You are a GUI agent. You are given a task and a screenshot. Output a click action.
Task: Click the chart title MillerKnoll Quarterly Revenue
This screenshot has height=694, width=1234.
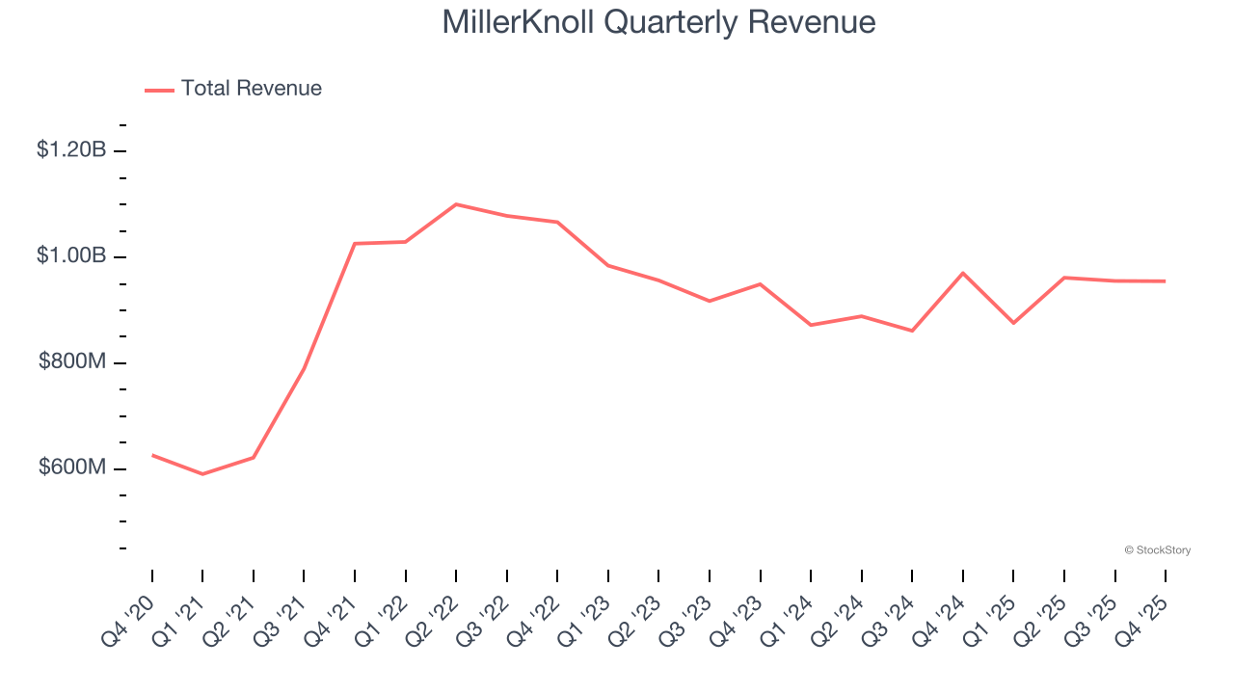(658, 22)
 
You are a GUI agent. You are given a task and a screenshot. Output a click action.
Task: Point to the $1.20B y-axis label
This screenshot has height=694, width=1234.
(71, 150)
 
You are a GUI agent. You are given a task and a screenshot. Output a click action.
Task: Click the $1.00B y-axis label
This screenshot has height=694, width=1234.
(71, 256)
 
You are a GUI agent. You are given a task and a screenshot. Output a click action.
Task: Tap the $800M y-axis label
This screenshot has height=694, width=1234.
(72, 362)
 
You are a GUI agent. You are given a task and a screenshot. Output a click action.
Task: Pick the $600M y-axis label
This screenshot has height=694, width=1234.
(72, 468)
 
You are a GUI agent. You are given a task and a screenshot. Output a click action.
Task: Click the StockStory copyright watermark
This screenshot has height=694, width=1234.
(1157, 550)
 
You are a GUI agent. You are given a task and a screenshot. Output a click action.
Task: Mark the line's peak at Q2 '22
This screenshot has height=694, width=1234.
(456, 204)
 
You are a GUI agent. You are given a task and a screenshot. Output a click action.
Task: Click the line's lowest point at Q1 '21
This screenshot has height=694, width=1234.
(202, 474)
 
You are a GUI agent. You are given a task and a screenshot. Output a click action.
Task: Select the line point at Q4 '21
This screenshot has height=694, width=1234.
(355, 244)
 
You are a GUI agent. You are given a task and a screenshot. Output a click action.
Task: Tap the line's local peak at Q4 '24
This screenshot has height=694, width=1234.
(963, 273)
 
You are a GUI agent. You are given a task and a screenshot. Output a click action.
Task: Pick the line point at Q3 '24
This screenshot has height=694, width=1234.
(912, 331)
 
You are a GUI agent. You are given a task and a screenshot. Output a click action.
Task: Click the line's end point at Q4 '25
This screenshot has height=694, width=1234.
(1166, 281)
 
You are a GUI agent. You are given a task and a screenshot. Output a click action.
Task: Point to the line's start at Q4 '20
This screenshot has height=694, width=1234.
(152, 455)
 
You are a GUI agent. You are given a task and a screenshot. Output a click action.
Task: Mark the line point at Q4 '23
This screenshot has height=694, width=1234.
(761, 284)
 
